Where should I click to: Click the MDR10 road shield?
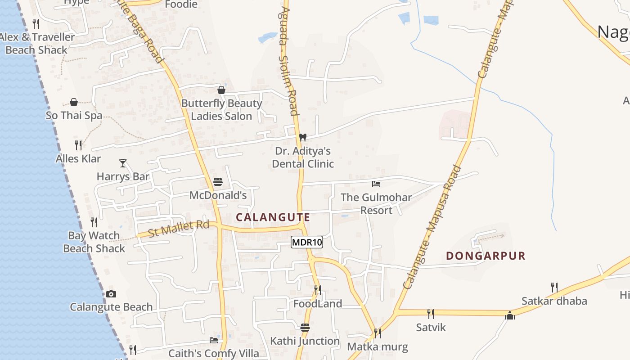pos(307,243)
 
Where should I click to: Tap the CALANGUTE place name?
pos(273,217)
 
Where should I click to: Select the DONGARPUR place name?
pos(486,256)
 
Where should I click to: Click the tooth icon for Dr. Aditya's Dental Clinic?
pos(303,137)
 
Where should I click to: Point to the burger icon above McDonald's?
pos(218,182)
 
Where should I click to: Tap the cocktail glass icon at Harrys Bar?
pos(123,163)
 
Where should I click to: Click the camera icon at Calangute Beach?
pos(111,294)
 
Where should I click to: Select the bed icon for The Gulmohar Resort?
pos(376,184)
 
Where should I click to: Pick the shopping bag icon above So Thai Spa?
pos(74,102)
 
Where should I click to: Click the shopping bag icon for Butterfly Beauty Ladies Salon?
pos(221,90)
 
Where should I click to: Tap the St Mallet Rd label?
pos(179,228)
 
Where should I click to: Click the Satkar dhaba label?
pos(554,301)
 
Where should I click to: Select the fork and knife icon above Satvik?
pos(431,314)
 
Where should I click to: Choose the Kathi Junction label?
pos(305,341)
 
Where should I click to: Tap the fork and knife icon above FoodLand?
pos(318,290)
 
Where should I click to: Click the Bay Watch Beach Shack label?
pos(94,242)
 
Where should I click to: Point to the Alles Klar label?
pos(78,159)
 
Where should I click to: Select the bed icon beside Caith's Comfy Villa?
pos(213,340)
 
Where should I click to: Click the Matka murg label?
pos(377,347)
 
